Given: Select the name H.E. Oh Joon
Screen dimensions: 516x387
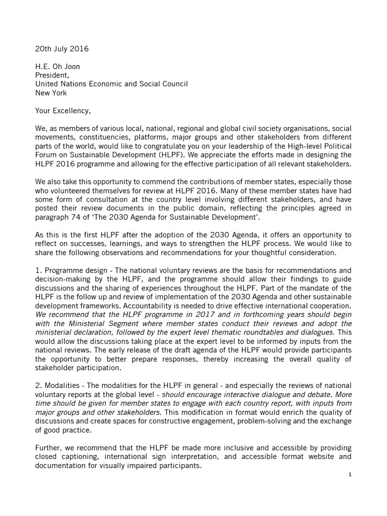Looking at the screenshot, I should (x=58, y=67).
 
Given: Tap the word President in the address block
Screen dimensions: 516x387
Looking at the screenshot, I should (x=52, y=76).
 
